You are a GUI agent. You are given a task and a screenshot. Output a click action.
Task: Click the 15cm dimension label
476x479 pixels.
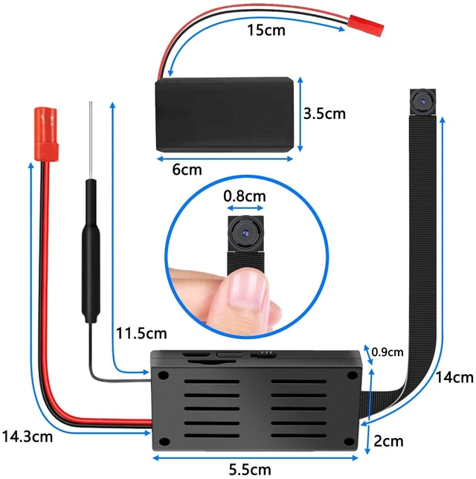tap(266, 30)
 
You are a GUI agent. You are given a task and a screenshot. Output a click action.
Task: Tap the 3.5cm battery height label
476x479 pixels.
tap(324, 114)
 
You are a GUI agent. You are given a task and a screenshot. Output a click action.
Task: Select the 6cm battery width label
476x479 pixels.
tap(187, 170)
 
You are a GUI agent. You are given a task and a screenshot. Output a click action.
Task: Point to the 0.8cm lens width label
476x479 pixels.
tap(245, 196)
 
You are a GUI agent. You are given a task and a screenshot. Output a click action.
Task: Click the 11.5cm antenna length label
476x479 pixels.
tap(141, 333)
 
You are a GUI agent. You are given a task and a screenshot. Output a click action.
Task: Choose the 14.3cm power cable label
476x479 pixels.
tap(28, 437)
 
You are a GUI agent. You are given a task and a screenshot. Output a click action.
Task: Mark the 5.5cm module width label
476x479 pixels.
tap(250, 470)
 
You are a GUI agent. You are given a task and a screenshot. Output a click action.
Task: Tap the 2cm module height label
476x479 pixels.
tap(388, 441)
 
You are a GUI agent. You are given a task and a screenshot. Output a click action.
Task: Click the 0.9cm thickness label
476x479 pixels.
tap(387, 353)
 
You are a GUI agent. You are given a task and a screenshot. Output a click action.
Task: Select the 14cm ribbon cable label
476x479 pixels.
tap(454, 378)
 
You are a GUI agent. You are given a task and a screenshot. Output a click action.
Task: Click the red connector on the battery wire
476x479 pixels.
tap(366, 25)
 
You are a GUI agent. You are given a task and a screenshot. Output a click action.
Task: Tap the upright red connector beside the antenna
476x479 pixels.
tap(46, 134)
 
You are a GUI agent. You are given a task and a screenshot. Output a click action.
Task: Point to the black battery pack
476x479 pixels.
tap(225, 115)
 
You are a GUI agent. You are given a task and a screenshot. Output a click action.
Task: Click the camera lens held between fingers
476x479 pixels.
tap(245, 233)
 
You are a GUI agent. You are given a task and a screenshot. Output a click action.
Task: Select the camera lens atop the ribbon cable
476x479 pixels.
tap(422, 102)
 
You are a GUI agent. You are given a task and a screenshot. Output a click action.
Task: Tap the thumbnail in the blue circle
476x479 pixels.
tap(247, 289)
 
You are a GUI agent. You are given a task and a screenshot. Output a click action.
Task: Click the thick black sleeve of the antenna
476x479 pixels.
tap(91, 251)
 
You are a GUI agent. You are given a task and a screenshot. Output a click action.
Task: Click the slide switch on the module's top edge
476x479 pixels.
tap(263, 354)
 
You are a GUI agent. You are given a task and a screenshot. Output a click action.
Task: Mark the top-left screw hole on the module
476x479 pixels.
tap(164, 375)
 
